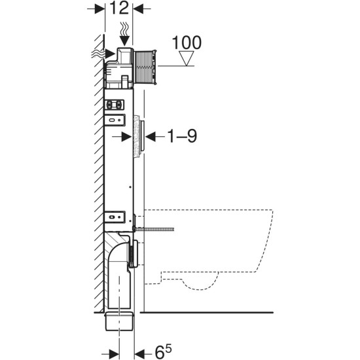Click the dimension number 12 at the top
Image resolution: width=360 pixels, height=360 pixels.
118,10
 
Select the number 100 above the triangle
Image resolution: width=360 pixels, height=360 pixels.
186,43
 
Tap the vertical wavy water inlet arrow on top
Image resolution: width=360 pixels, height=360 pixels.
125,32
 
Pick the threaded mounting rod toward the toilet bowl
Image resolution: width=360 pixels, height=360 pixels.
158,230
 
